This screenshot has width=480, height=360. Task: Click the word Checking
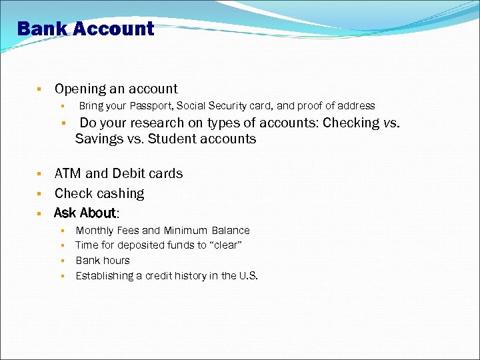click(350, 123)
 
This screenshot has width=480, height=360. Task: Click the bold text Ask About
click(85, 213)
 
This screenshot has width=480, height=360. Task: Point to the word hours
click(116, 261)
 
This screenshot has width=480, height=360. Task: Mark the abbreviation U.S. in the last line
click(248, 276)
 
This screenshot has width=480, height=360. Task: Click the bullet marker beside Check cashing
click(40, 194)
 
